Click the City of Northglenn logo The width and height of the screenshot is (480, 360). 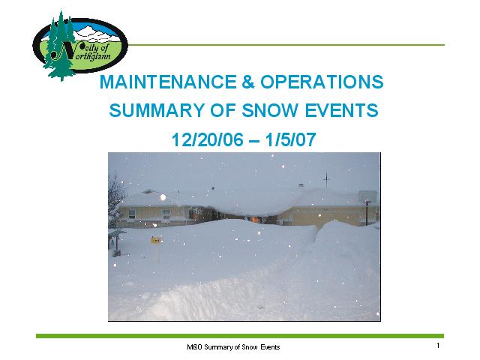80,46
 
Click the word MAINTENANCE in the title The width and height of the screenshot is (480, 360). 168,82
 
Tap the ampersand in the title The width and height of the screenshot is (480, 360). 248,82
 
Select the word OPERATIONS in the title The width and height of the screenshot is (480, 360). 322,82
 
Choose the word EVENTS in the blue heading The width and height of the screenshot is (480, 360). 342,110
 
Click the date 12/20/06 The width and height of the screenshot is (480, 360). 207,139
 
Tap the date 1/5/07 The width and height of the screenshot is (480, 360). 290,139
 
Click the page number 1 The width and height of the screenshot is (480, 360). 438,346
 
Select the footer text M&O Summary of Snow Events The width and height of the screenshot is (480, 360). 233,347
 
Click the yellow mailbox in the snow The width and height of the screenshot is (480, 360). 156,240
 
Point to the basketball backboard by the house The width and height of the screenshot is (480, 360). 367,196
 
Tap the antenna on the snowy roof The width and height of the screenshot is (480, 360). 327,180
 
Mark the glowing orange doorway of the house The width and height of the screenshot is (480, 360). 253,219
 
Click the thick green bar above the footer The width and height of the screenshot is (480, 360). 240,336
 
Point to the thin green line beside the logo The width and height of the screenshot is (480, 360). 286,45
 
